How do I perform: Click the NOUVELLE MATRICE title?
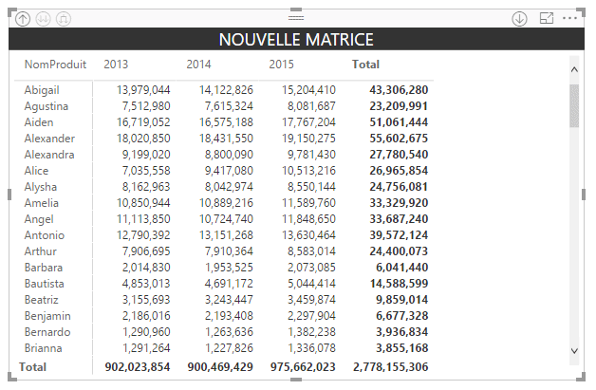click(296, 40)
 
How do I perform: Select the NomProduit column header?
click(55, 65)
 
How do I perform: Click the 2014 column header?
click(199, 65)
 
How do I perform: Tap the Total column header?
click(365, 65)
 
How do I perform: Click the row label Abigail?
click(42, 90)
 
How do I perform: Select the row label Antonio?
click(44, 235)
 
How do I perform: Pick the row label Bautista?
click(45, 284)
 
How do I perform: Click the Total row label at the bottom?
click(33, 366)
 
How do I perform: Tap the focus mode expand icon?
click(546, 18)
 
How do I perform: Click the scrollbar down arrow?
click(573, 351)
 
